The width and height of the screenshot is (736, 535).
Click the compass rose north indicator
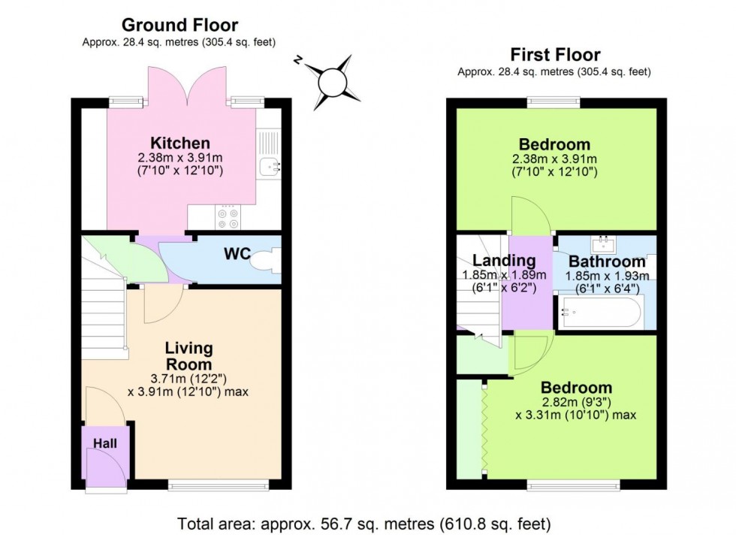click(x=331, y=78)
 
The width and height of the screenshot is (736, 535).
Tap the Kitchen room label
click(x=179, y=143)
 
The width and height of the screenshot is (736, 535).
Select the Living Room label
click(x=189, y=356)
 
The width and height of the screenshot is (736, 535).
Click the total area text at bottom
click(x=364, y=521)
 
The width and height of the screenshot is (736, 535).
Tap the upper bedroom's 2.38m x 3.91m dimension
click(x=554, y=159)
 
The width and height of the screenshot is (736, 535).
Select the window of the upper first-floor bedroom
click(x=554, y=101)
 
